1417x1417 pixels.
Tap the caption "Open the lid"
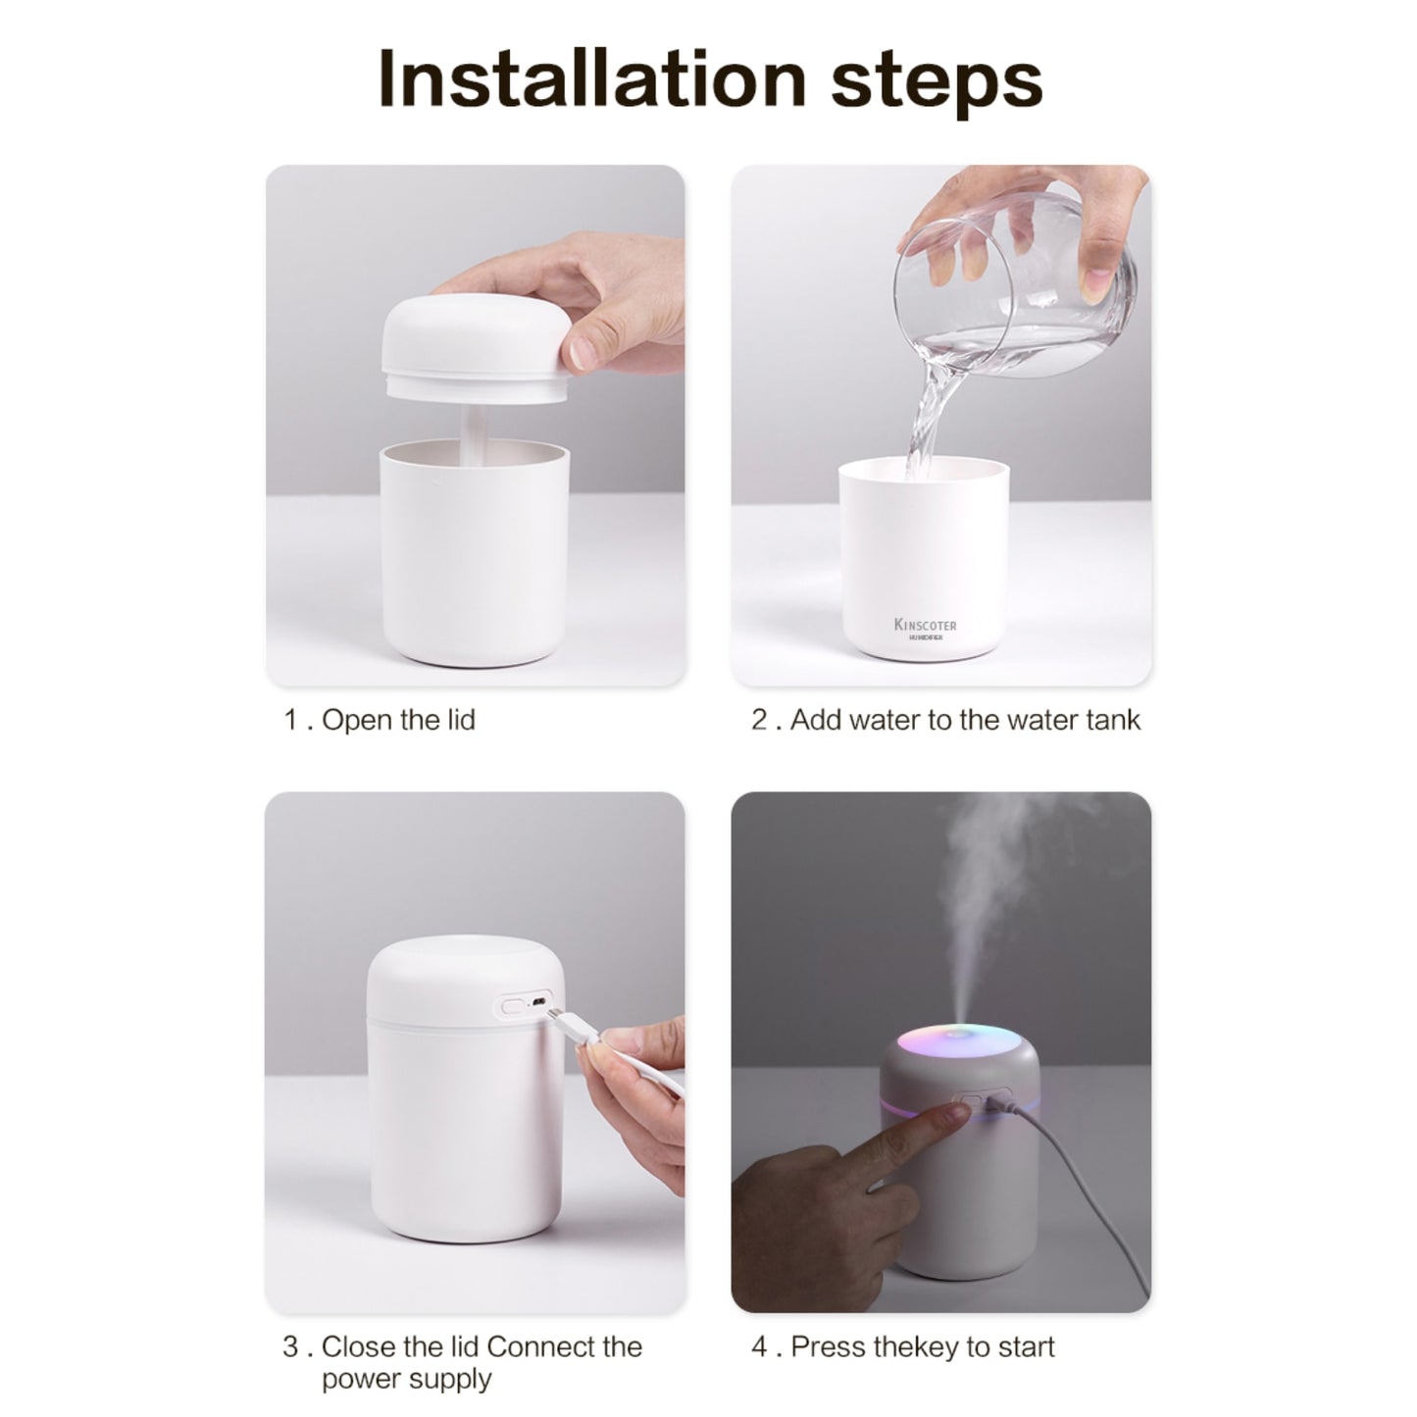pos(397,720)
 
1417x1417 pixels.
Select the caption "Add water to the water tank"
pos(965,720)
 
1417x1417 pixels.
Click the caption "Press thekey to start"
pos(922,1346)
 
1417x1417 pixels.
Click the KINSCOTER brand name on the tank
pos(925,625)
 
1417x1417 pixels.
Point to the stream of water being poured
pos(927,412)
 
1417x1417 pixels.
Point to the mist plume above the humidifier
pos(990,883)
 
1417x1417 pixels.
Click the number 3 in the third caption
pos(290,1346)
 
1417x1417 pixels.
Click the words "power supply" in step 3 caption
pos(406,1378)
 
